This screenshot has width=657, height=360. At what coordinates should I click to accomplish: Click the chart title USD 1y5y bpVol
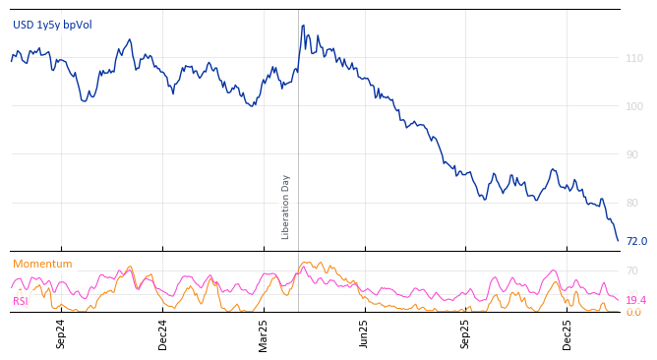tap(52, 25)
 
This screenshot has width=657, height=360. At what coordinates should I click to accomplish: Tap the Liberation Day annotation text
tap(286, 207)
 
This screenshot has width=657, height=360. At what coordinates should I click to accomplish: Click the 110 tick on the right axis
tap(634, 59)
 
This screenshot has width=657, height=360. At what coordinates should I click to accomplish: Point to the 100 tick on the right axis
tap(634, 106)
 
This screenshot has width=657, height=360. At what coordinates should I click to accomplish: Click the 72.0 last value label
tap(636, 241)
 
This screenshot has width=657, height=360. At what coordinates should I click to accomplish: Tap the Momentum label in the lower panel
tap(42, 264)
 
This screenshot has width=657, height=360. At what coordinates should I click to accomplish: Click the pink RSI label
tap(21, 301)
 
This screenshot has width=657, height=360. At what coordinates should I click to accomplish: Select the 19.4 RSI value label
tap(635, 300)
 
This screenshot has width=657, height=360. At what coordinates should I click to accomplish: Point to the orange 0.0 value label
tap(633, 312)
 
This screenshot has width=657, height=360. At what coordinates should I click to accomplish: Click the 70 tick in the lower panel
tap(631, 270)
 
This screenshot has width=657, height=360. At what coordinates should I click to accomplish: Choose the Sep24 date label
tap(61, 333)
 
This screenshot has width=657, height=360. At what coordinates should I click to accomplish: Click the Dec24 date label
tap(163, 333)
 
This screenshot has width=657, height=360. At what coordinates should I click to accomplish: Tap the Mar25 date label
tap(264, 333)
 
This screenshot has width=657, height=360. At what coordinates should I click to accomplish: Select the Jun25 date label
tap(364, 333)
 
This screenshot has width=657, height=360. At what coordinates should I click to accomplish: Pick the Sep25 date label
tap(465, 333)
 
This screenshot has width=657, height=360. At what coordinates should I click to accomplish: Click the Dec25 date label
tap(567, 333)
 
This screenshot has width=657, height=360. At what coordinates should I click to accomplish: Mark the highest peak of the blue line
tap(303, 26)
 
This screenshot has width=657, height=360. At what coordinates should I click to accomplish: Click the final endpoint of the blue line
tap(618, 240)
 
